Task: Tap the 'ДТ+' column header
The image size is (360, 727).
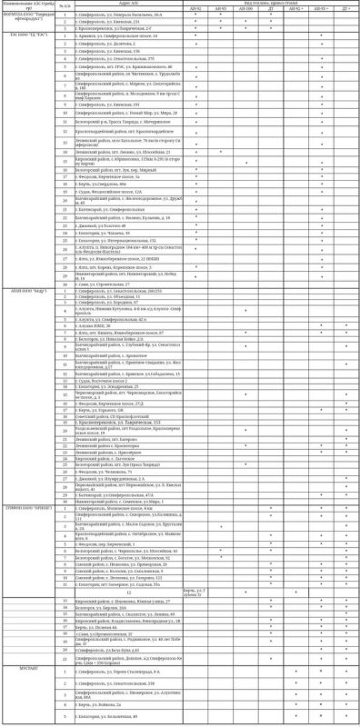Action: (x=346, y=8)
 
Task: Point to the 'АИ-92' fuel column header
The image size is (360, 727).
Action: (x=196, y=8)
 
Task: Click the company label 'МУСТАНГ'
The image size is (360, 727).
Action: (x=15, y=663)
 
